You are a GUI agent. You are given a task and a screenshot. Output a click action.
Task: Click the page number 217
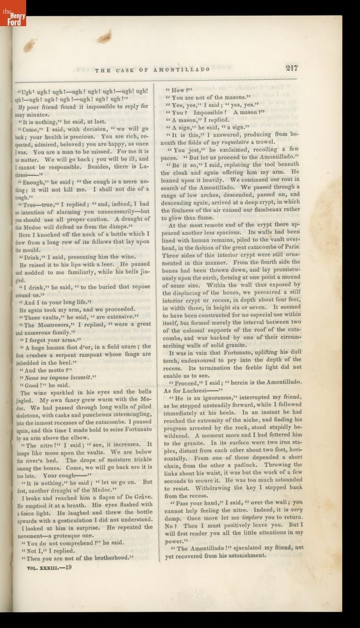291,68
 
